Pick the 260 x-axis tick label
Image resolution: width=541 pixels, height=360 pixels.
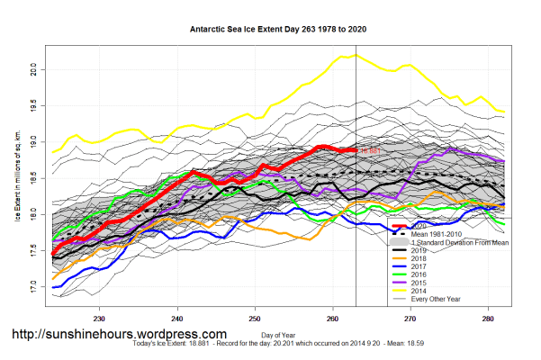[x=333, y=318]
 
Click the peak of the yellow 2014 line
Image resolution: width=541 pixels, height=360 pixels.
[x=356, y=55]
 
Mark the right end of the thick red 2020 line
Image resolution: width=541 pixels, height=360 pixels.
[x=356, y=150]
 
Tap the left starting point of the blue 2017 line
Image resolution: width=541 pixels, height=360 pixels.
[x=53, y=288]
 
